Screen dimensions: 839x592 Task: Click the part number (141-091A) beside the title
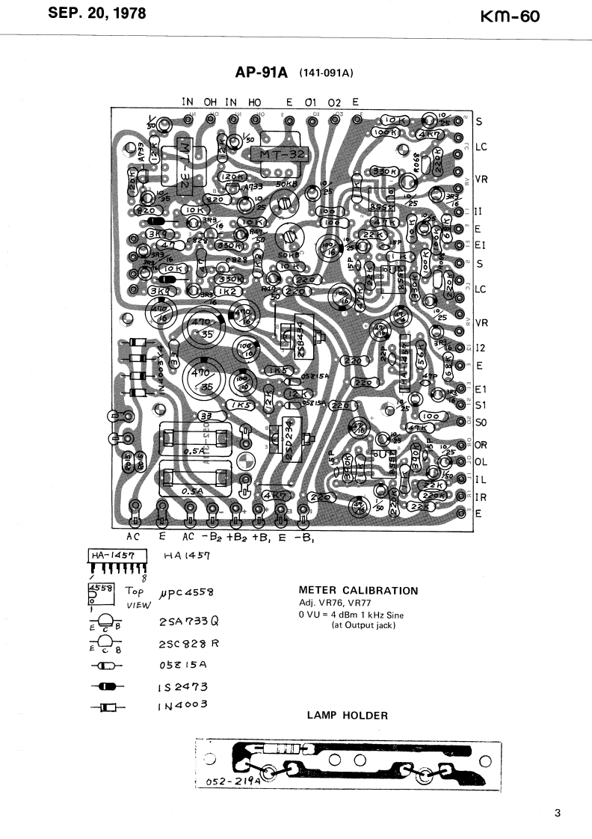tap(325, 73)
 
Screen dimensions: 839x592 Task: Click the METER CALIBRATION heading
tap(358, 591)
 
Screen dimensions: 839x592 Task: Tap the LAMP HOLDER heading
tap(348, 716)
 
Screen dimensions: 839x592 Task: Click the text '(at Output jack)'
tap(363, 625)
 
